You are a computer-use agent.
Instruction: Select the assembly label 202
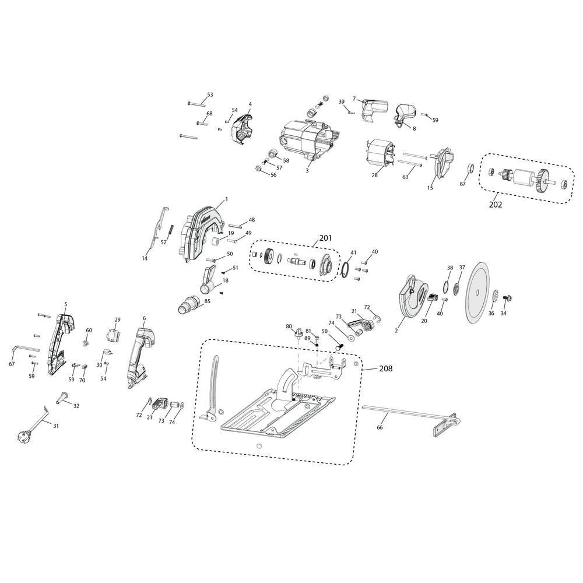[x=496, y=205]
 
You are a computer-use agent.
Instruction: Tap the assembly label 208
[x=386, y=369]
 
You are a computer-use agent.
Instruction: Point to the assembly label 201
[x=325, y=238]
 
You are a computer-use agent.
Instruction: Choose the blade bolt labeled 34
[x=506, y=298]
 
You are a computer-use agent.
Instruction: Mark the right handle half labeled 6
[x=140, y=356]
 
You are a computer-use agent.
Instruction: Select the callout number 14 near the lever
[x=145, y=258]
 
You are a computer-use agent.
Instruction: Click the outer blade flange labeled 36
[x=494, y=296]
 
